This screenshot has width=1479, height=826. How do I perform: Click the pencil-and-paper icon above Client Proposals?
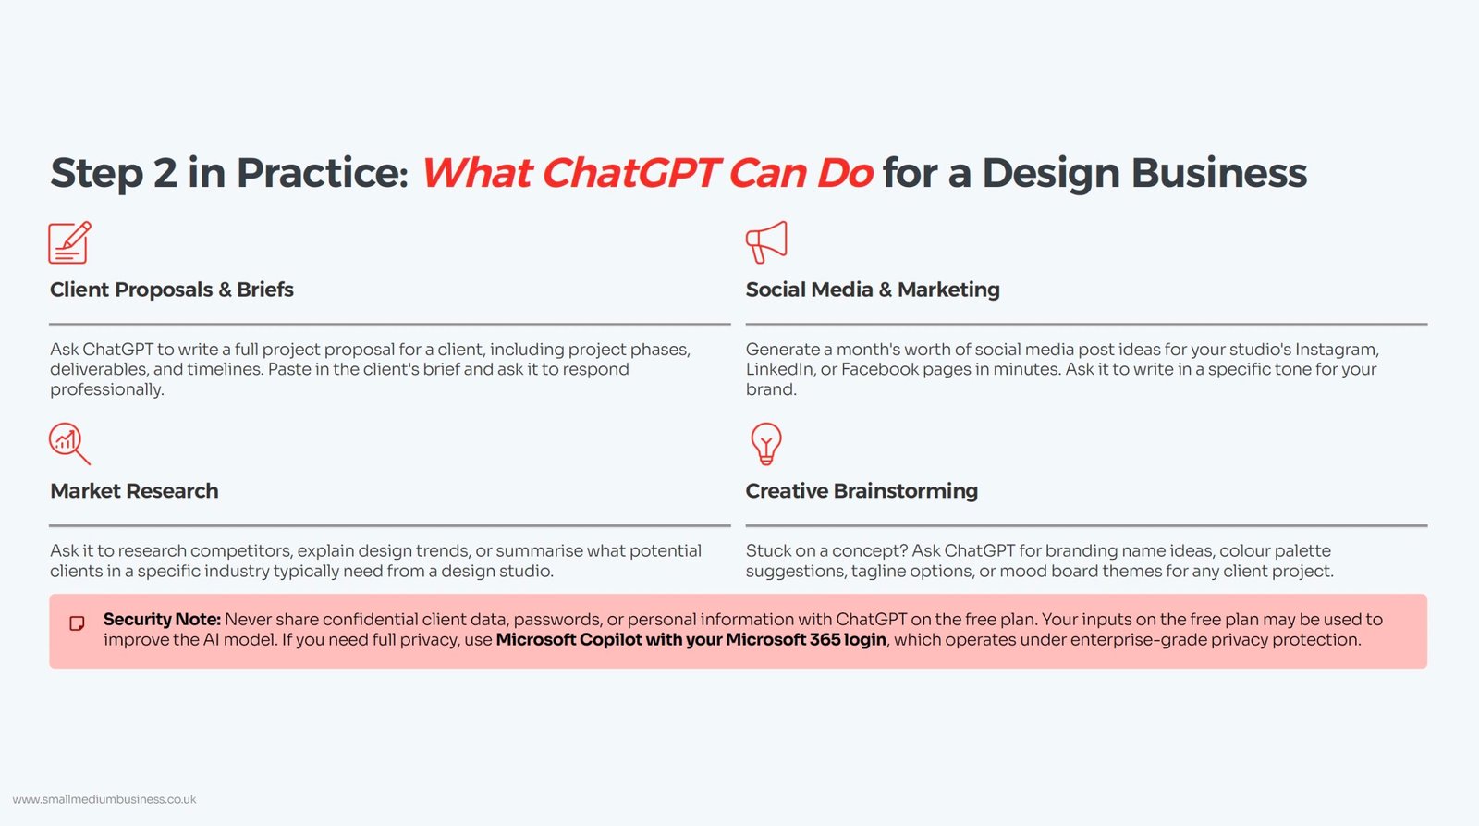pos(69,242)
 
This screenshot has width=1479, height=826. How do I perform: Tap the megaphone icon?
pos(766,242)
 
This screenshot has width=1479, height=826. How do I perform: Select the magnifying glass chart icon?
pos(69,444)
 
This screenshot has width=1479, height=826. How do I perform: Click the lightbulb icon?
pos(766,444)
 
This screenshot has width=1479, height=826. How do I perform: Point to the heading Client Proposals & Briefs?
pos(172,290)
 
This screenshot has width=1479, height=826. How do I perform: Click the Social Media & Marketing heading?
pos(873,290)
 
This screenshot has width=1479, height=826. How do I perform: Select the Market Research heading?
pos(134,491)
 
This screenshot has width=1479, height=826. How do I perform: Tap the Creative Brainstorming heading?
pos(862,491)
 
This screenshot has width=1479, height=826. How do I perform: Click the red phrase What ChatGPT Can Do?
pos(648,172)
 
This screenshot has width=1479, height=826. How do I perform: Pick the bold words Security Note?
pos(162,620)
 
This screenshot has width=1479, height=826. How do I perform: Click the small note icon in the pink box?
pos(78,623)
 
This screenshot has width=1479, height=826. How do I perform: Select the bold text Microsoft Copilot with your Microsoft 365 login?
pos(691,640)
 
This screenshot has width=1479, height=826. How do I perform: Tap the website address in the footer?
pos(104,799)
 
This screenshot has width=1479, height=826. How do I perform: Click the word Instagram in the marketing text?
pos(1337,350)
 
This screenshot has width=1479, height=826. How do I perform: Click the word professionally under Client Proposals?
pos(107,389)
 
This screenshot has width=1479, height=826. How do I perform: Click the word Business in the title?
pos(1219,173)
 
